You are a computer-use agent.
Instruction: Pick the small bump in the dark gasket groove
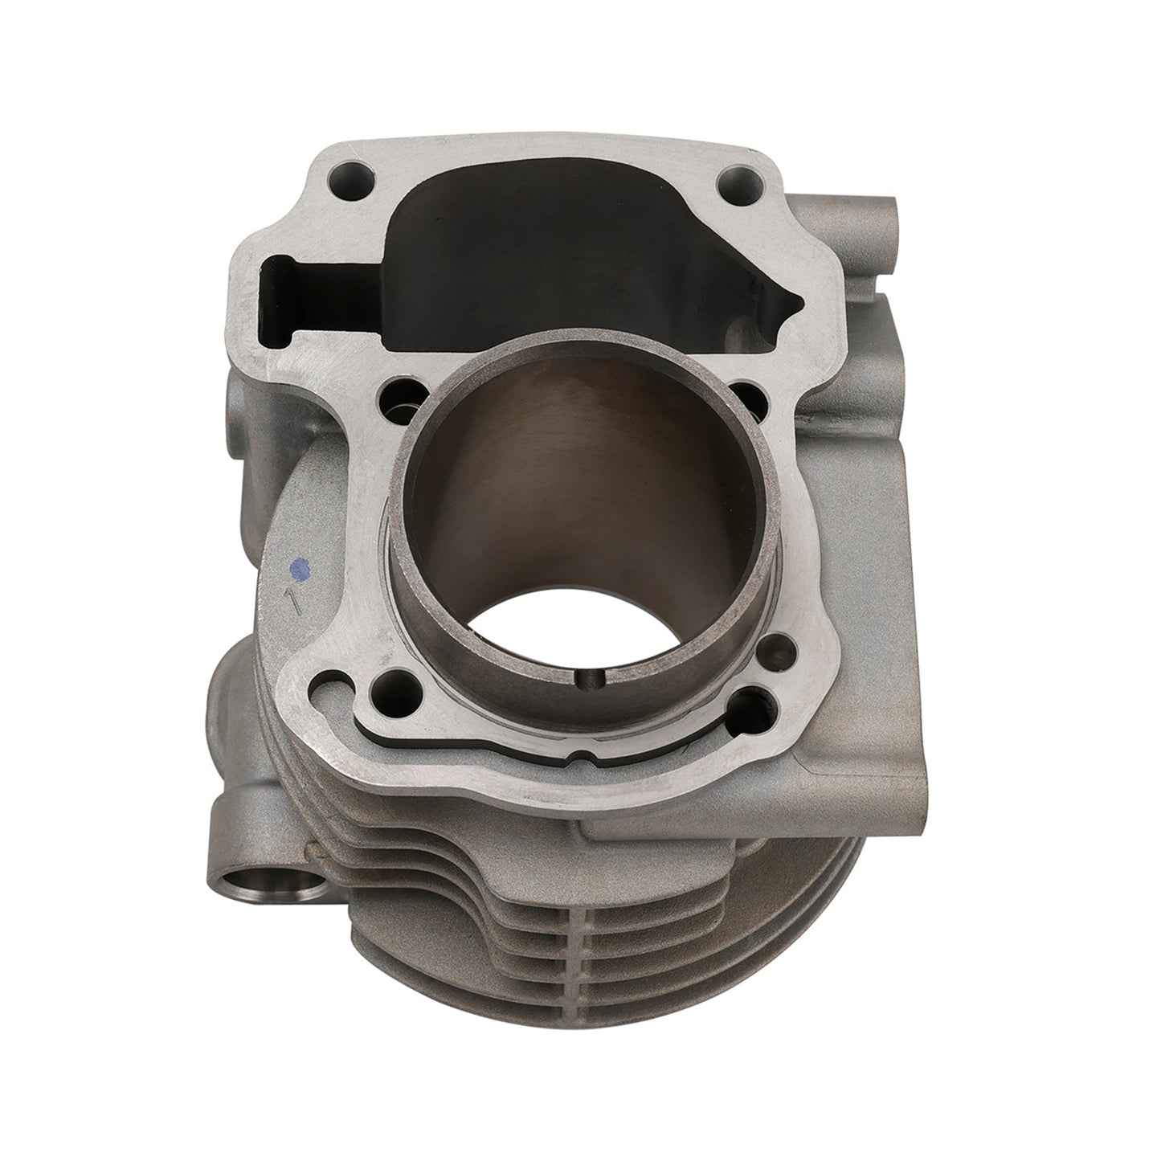coord(575,758)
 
